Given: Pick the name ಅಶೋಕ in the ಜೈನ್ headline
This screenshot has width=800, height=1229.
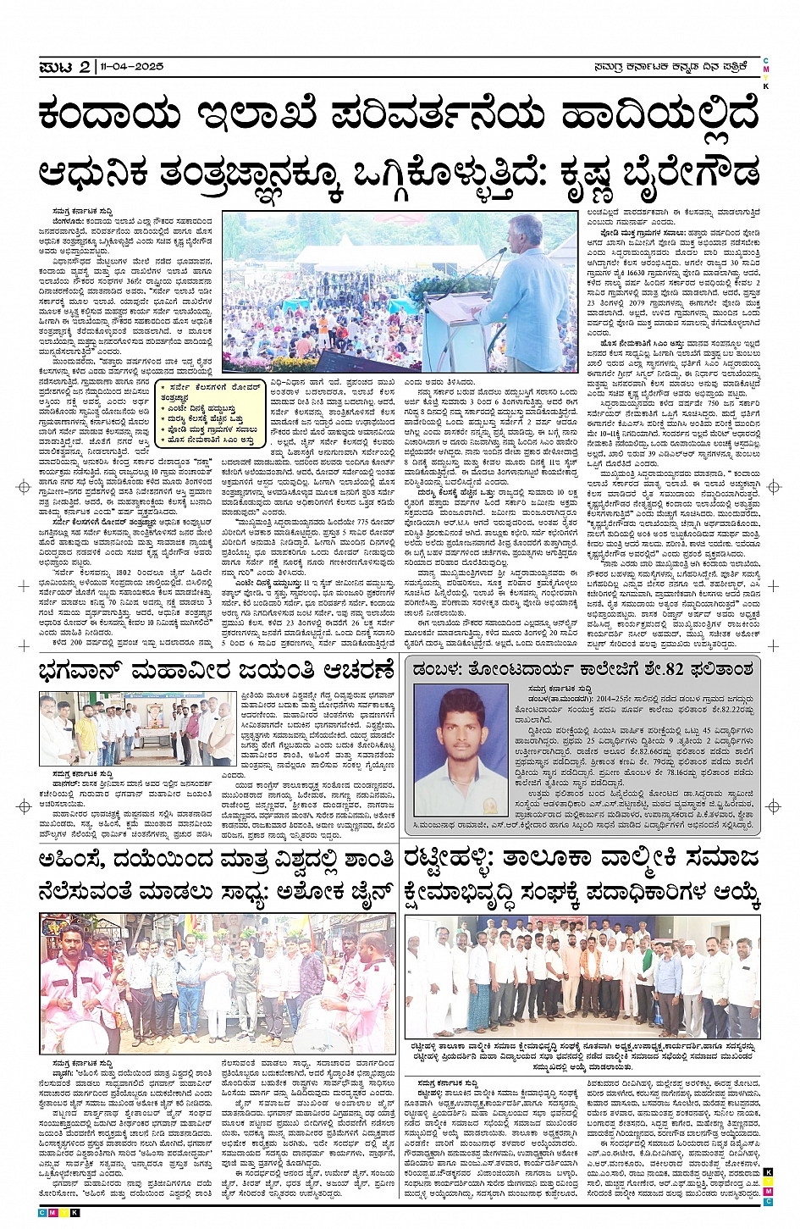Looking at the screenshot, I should click(x=318, y=894).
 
